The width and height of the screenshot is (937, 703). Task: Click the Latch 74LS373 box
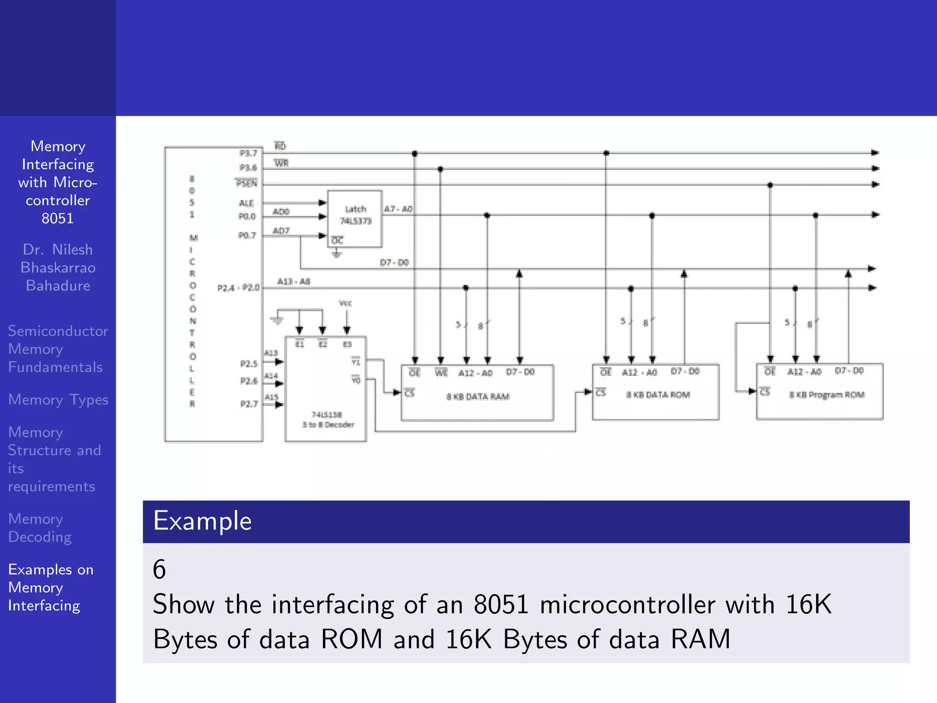(355, 219)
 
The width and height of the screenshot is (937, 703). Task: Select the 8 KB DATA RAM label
(478, 396)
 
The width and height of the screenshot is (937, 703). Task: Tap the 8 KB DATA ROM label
(658, 395)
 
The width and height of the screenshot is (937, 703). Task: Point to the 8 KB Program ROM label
(827, 395)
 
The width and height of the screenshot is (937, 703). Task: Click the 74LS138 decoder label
(327, 419)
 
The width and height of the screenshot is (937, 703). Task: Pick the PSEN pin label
(247, 184)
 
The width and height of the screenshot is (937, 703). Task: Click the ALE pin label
(246, 203)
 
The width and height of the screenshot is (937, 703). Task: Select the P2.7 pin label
(249, 404)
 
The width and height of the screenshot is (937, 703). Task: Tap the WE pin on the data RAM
(441, 373)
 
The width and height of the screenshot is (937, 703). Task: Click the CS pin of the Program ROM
(765, 392)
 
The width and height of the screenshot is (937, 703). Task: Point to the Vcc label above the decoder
(345, 303)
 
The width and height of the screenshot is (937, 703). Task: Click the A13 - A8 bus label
(294, 281)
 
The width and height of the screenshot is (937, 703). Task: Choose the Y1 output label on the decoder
(356, 362)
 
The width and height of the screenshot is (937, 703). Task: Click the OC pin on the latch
(337, 240)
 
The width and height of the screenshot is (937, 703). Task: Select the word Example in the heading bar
(202, 521)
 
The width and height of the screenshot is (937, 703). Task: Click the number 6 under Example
(159, 569)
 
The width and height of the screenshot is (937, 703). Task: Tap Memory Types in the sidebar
(58, 400)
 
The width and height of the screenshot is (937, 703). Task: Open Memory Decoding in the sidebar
(40, 528)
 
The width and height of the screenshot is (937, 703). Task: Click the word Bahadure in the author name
(58, 286)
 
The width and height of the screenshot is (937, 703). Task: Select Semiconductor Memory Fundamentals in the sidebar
(58, 349)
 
